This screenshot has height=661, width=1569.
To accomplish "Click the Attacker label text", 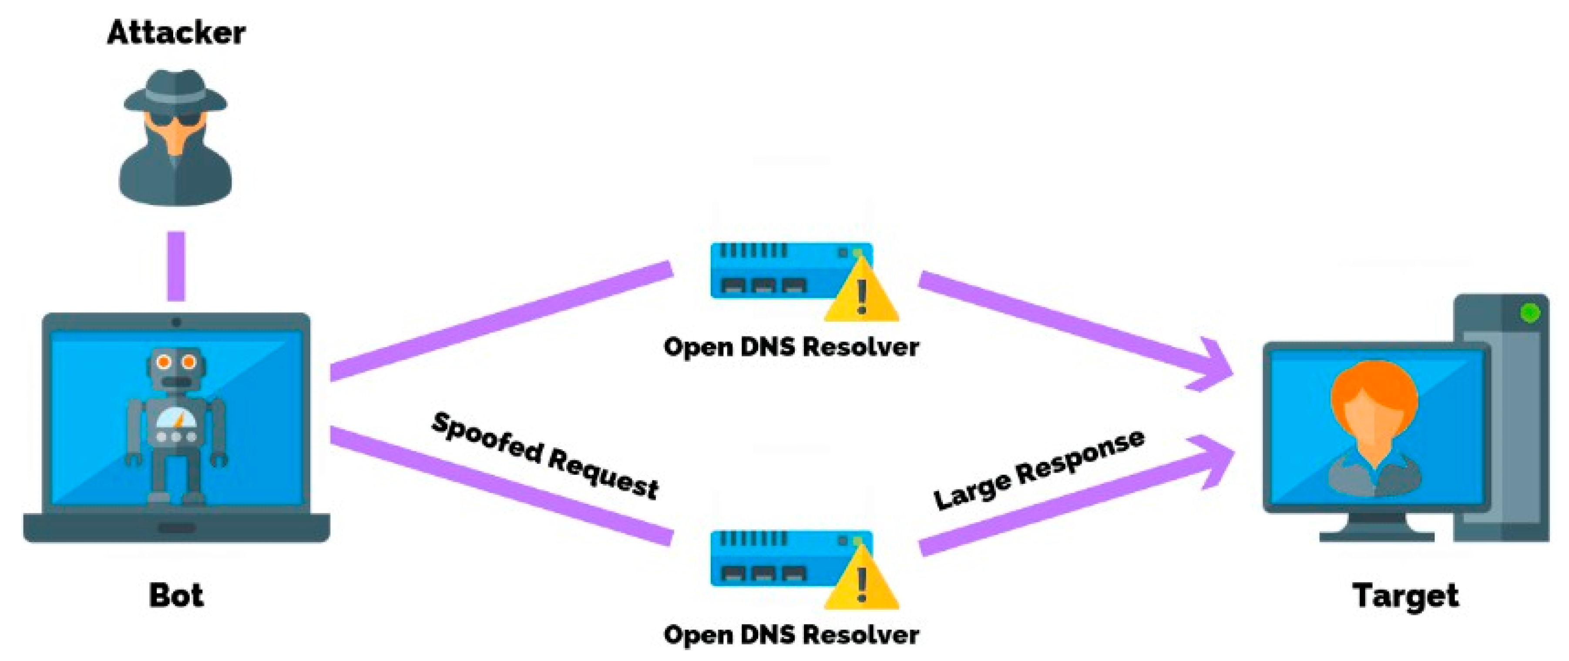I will (176, 33).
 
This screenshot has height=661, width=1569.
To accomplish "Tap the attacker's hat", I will (175, 91).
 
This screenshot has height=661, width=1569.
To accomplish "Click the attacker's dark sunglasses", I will (175, 118).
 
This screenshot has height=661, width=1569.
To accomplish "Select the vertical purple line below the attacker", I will (176, 266).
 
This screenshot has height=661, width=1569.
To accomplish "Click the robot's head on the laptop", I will (176, 368).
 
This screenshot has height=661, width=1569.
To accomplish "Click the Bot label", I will (176, 595).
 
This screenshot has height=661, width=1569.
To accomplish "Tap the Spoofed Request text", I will (544, 456).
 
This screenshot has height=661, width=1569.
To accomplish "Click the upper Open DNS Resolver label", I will (790, 347).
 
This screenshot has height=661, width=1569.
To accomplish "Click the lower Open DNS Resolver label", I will (790, 635).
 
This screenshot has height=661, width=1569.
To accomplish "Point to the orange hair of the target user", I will (1374, 384).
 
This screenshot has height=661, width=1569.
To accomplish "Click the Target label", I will (1405, 595).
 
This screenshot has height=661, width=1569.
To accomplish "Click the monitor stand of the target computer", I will (1377, 527).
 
